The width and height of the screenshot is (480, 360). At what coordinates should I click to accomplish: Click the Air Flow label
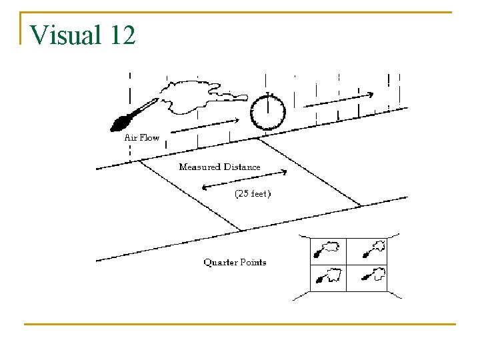coord(142,137)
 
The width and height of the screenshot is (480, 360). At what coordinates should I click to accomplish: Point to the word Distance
coord(243,167)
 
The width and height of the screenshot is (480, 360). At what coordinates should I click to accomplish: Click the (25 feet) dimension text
coord(252,194)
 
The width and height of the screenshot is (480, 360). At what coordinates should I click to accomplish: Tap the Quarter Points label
coord(235,262)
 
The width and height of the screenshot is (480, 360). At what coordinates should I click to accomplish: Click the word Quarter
coord(220,262)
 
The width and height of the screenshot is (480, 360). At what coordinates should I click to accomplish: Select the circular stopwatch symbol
coord(267,111)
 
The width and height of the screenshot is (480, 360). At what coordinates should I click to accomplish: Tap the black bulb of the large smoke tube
coord(122,122)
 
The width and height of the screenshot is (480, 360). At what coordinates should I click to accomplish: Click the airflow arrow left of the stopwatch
coord(208,125)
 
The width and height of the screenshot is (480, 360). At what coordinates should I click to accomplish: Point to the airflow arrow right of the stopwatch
coord(339,99)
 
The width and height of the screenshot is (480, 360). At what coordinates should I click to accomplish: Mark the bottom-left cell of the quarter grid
coord(328,277)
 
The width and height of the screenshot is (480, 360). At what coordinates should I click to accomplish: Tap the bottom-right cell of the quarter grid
coord(367,277)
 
